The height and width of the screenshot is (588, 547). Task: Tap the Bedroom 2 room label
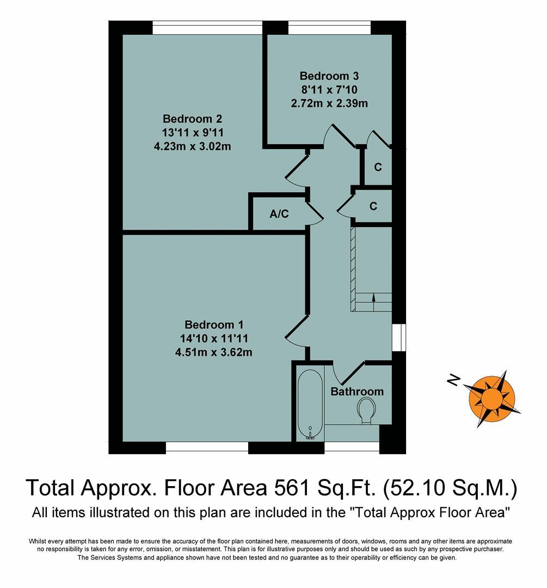(x=192, y=119)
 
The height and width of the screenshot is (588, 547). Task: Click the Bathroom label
(x=357, y=391)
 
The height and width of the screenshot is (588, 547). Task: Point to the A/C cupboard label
(x=279, y=214)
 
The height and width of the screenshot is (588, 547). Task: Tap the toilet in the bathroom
(x=366, y=409)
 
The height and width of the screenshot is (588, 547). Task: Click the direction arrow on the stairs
(x=373, y=297)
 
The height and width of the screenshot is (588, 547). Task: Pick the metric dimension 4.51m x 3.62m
(x=213, y=352)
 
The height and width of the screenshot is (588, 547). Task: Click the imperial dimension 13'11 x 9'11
(x=193, y=132)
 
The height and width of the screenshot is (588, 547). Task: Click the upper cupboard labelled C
(x=377, y=167)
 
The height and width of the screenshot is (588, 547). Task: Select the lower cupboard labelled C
(x=373, y=206)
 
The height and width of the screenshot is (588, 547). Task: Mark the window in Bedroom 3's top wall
(x=329, y=28)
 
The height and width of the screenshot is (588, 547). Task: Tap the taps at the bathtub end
(x=310, y=434)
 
